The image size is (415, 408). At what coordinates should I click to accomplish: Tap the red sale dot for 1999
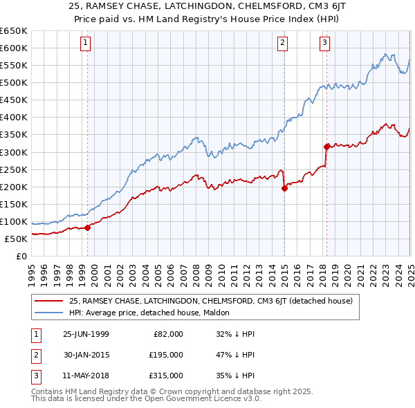tap(88, 228)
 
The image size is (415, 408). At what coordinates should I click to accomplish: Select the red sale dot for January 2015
tap(284, 188)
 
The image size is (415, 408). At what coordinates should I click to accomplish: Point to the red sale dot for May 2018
tap(326, 146)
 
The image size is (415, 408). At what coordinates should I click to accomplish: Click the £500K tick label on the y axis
tap(14, 82)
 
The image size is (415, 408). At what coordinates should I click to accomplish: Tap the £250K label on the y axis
tap(14, 169)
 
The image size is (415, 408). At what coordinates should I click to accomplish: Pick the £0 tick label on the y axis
tap(21, 256)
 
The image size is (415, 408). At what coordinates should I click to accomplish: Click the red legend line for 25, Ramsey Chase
tap(48, 301)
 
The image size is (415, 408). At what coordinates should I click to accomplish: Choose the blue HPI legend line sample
tap(48, 313)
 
